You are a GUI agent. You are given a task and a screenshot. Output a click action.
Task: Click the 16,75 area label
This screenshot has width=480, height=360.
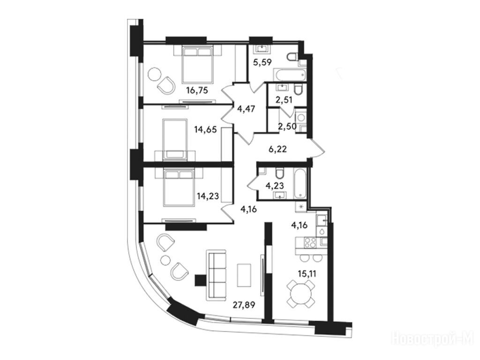197,90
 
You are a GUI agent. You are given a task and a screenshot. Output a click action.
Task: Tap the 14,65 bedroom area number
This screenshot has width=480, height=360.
205,129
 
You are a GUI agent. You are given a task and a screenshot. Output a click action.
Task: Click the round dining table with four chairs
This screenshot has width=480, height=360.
301,294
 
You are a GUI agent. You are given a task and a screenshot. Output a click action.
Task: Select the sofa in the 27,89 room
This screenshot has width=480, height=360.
216,274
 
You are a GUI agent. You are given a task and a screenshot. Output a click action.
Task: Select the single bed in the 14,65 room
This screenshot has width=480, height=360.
175,139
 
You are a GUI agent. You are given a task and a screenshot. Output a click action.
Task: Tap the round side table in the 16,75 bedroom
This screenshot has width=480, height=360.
155,74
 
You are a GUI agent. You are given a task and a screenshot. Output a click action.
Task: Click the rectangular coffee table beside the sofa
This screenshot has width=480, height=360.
244,275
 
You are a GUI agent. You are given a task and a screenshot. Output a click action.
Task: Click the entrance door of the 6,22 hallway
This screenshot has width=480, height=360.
317,148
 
